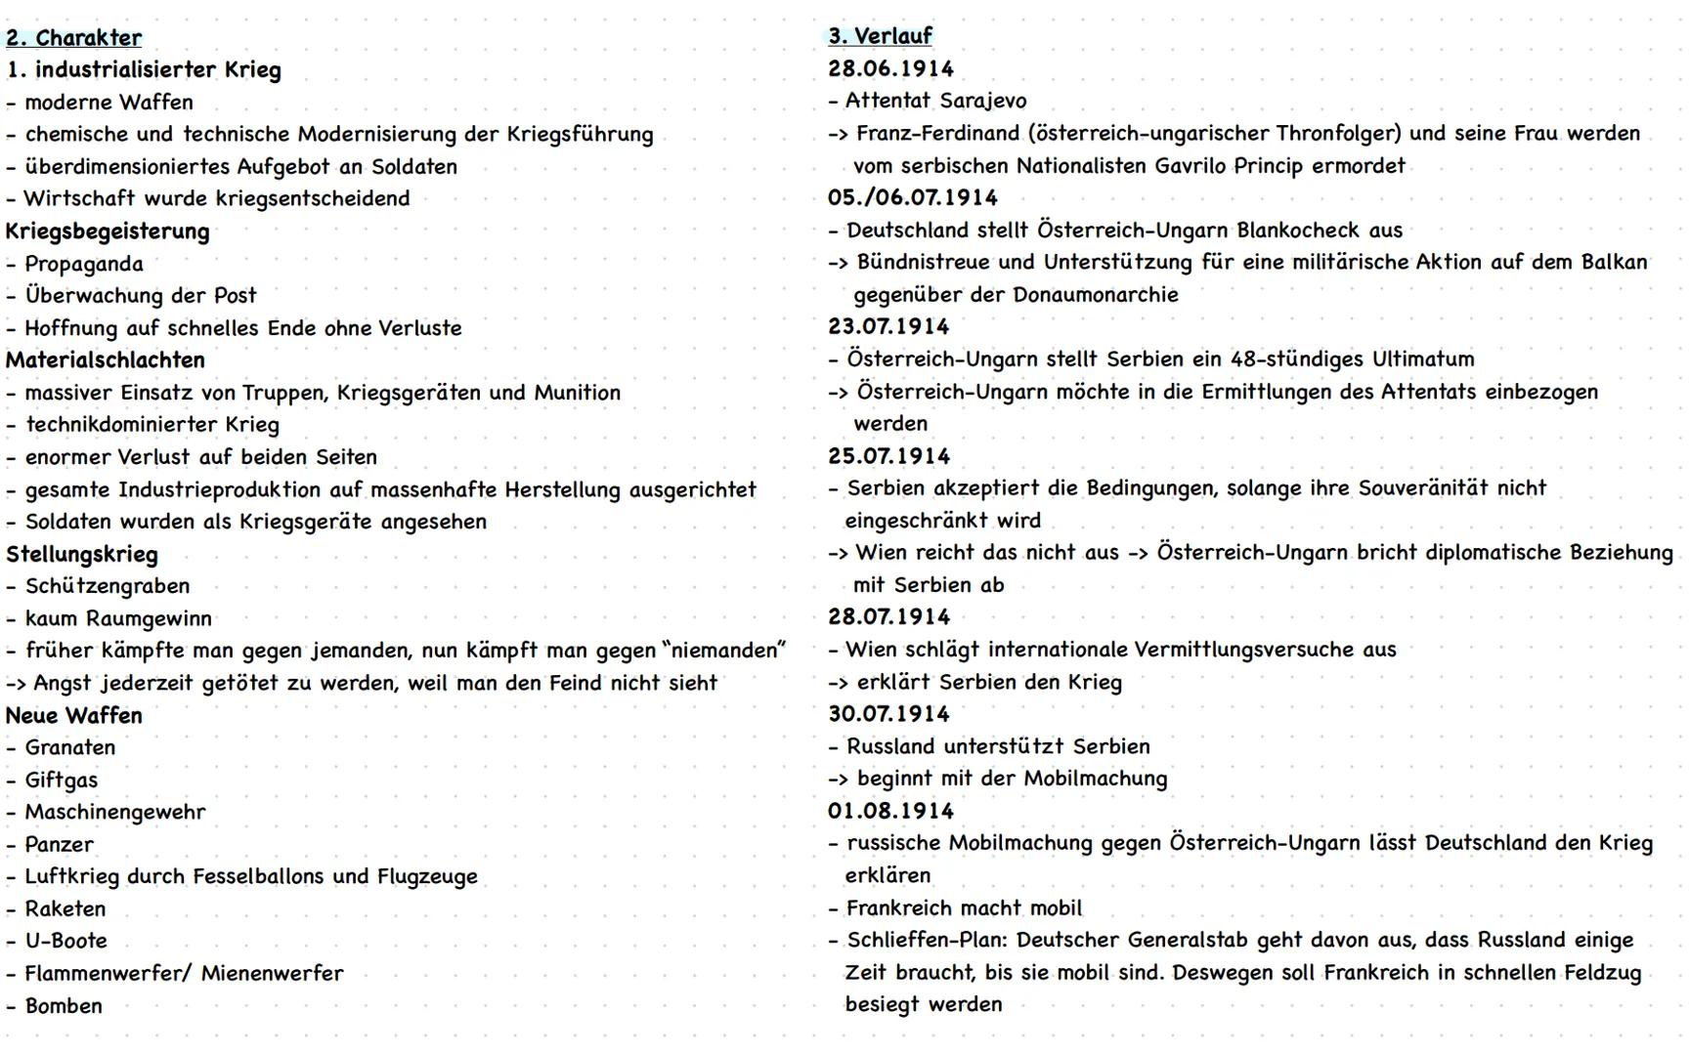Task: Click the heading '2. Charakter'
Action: tap(73, 38)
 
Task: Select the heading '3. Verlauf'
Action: tap(880, 36)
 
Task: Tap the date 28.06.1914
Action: tap(890, 68)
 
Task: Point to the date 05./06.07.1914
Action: tap(912, 197)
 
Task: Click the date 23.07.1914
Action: tap(888, 326)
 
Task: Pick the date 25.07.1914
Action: tap(888, 456)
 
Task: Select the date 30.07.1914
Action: tap(888, 714)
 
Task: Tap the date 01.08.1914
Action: tap(890, 811)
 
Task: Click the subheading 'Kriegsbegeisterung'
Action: tap(108, 232)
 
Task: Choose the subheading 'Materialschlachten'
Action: tap(106, 360)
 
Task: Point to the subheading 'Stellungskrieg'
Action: tap(81, 555)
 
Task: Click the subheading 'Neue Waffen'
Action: tap(73, 716)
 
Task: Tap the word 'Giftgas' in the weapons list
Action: tap(61, 781)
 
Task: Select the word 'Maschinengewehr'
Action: tap(114, 812)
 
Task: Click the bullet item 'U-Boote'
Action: tap(65, 941)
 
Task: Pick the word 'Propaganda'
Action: tap(83, 264)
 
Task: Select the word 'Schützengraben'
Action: tap(107, 586)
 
